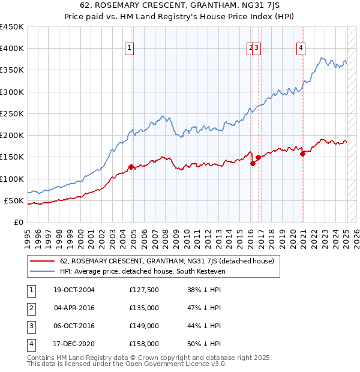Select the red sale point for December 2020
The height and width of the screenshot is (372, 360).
click(x=303, y=154)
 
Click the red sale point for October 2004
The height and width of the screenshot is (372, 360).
click(x=131, y=167)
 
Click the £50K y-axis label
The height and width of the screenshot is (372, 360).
click(x=14, y=200)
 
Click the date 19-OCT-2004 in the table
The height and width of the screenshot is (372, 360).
click(x=74, y=290)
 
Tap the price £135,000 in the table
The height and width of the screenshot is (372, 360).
click(x=144, y=308)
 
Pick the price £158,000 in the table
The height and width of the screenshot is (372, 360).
click(x=144, y=344)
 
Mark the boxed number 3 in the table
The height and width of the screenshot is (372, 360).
click(x=31, y=326)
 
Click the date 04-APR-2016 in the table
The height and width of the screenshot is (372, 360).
click(x=74, y=308)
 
